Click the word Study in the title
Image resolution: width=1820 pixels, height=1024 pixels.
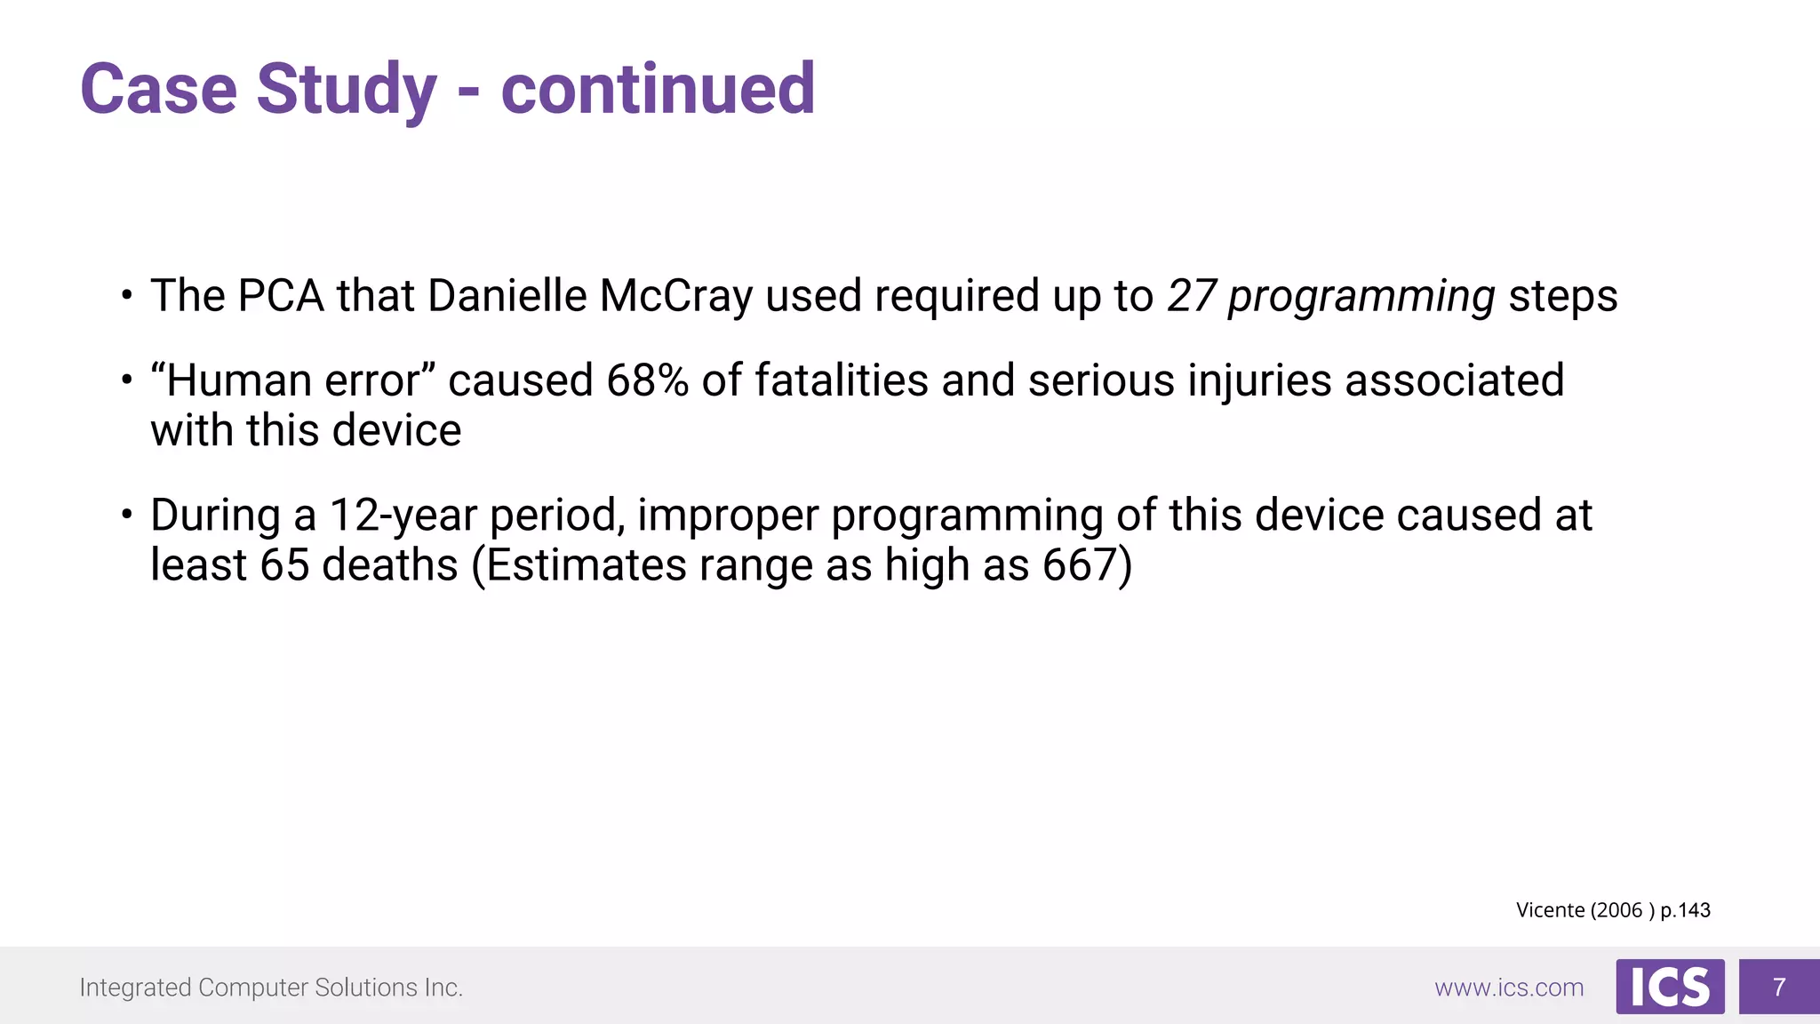pyautogui.click(x=347, y=90)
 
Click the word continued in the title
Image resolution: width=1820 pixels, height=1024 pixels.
pyautogui.click(x=658, y=90)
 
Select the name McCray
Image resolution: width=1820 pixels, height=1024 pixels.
pyautogui.click(x=676, y=296)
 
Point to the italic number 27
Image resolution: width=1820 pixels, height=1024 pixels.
pyautogui.click(x=1191, y=296)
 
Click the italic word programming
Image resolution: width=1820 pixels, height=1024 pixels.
pyautogui.click(x=1361, y=298)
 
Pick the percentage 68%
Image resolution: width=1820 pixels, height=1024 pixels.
pyautogui.click(x=647, y=380)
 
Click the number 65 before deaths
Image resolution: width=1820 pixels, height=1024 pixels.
pyautogui.click(x=284, y=565)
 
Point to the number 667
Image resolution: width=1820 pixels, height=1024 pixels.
pyautogui.click(x=1079, y=565)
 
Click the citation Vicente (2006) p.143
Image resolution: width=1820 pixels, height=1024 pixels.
pyautogui.click(x=1613, y=910)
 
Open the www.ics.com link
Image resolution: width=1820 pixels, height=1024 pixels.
pyautogui.click(x=1509, y=988)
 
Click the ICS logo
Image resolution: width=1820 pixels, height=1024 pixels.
pyautogui.click(x=1670, y=987)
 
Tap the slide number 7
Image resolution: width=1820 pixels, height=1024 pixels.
pyautogui.click(x=1779, y=987)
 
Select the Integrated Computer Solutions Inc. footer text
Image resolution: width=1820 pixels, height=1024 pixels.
pyautogui.click(x=271, y=988)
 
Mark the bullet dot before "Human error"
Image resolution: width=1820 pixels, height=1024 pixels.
pyautogui.click(x=127, y=380)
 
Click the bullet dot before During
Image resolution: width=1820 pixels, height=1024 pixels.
pyautogui.click(x=127, y=515)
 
